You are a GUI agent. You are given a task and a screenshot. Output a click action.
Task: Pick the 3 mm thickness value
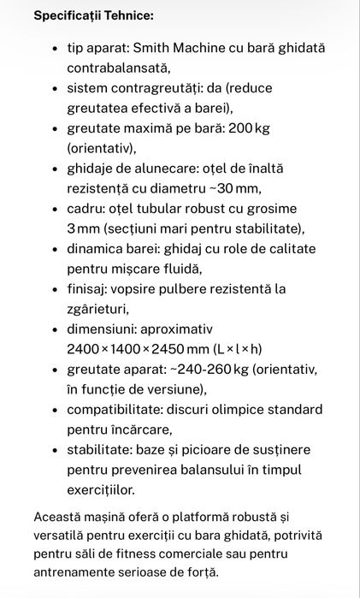point(83,228)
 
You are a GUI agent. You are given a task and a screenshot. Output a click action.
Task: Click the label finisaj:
point(86,289)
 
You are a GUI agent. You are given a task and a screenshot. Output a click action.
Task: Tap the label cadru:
point(86,209)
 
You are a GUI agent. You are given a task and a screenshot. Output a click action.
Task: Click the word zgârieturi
point(98,309)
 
